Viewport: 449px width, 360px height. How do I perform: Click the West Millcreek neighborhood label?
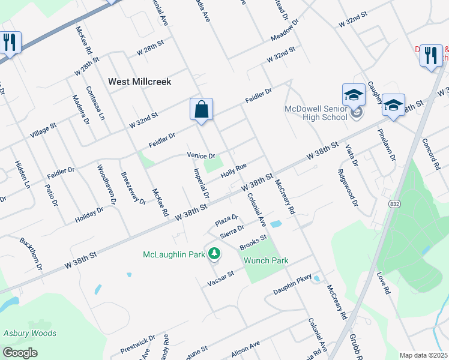tap(139, 81)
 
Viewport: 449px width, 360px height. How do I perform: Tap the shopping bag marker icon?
tap(202, 110)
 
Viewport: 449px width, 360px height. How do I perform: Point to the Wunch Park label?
tap(266, 260)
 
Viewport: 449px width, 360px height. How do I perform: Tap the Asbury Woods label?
tap(30, 333)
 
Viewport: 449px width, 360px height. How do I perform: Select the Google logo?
tap(20, 352)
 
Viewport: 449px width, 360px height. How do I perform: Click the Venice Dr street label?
tap(201, 155)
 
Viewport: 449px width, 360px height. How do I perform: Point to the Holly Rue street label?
tap(234, 171)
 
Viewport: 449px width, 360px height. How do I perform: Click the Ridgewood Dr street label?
tap(348, 191)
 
